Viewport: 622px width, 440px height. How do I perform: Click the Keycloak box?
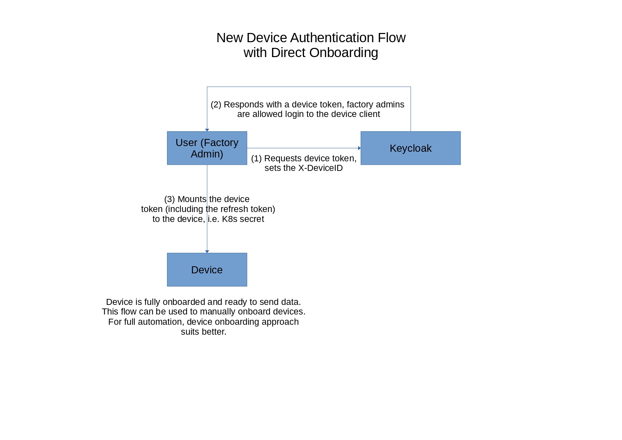pyautogui.click(x=410, y=148)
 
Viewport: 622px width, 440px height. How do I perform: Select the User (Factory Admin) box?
pyautogui.click(x=207, y=148)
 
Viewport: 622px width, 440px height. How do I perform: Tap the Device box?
pyautogui.click(x=207, y=270)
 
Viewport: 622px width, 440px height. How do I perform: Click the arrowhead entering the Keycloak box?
pyautogui.click(x=359, y=148)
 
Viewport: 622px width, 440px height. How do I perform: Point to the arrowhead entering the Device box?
pyautogui.click(x=207, y=251)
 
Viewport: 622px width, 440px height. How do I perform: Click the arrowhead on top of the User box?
pyautogui.click(x=207, y=130)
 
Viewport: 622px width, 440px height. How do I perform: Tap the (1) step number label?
pyautogui.click(x=256, y=158)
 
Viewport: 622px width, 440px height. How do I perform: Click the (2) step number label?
pyautogui.click(x=216, y=105)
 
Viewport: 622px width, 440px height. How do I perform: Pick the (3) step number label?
pyautogui.click(x=170, y=199)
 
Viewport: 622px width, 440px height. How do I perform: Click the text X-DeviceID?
pyautogui.click(x=320, y=168)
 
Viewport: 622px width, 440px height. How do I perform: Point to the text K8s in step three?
pyautogui.click(x=229, y=219)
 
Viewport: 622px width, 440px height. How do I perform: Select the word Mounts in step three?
pyautogui.click(x=192, y=199)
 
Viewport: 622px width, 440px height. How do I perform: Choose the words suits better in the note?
pyautogui.click(x=203, y=332)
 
